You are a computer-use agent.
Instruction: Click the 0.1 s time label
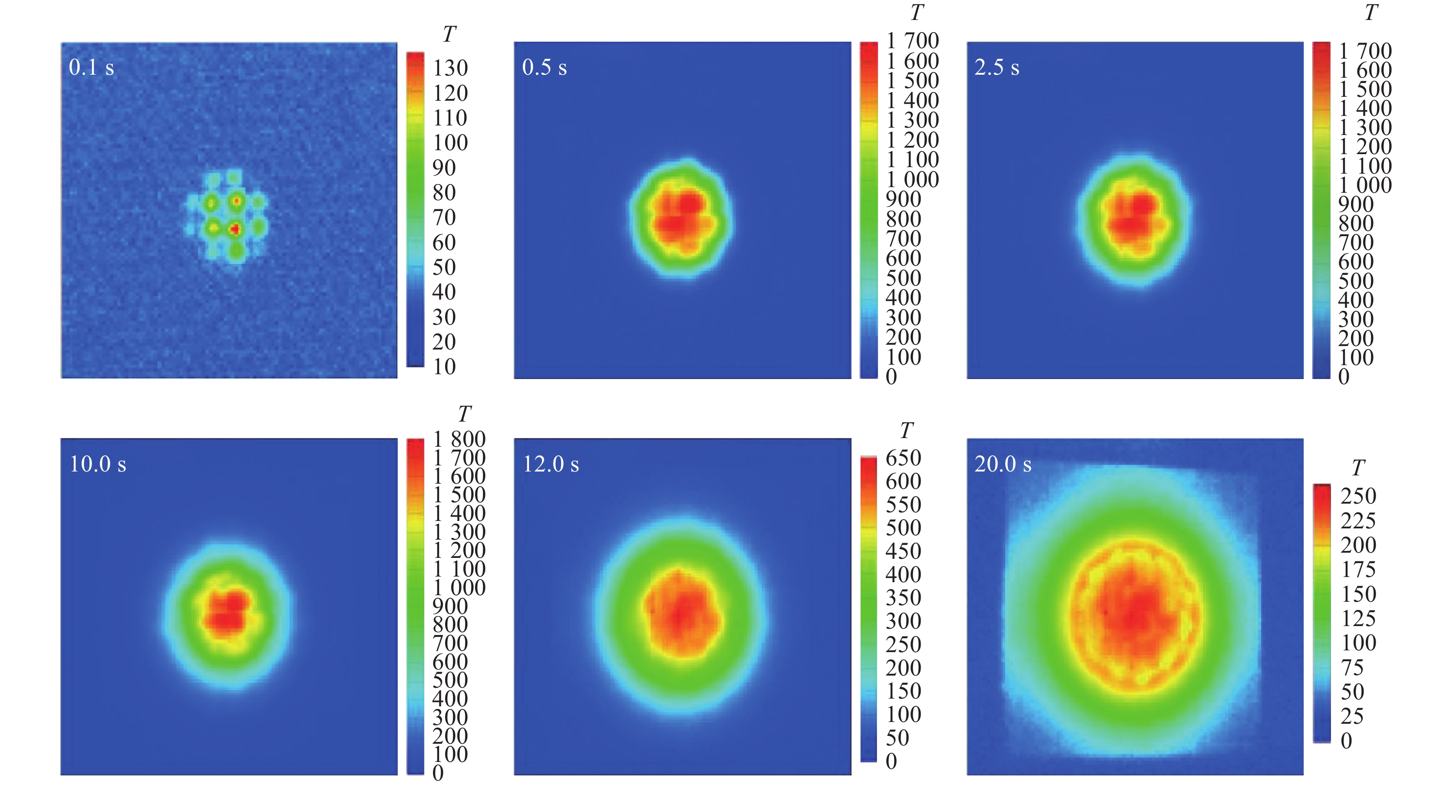pos(91,68)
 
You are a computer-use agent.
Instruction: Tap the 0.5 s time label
pos(544,68)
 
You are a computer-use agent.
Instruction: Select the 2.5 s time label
pos(997,68)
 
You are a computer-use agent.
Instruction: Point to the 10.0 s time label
pos(98,464)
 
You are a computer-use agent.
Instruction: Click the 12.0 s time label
pos(551,464)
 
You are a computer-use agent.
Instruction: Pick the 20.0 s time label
pos(1003,464)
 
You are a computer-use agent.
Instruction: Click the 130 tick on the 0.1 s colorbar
pos(450,68)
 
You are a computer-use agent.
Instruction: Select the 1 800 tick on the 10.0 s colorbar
pos(459,439)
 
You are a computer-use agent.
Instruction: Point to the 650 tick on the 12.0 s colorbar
pos(903,458)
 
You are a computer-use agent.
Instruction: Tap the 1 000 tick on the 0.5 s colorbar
pos(912,180)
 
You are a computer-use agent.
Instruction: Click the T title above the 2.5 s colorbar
pos(1371,13)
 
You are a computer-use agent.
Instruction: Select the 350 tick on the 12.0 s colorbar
pos(903,598)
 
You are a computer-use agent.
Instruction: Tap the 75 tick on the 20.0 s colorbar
pos(1352,668)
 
